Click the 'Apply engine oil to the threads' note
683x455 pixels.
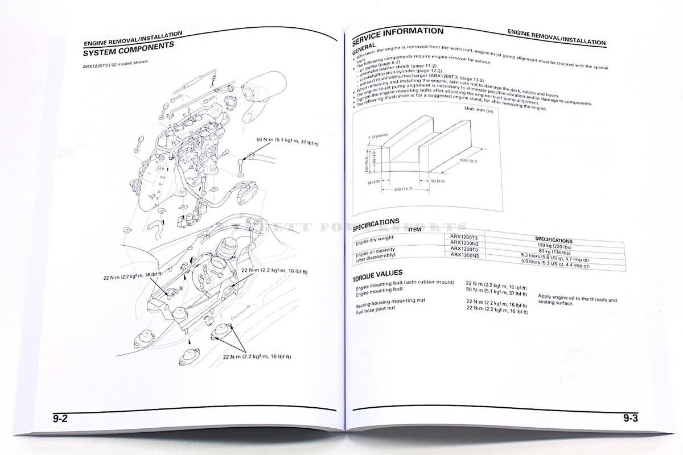click(577, 298)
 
